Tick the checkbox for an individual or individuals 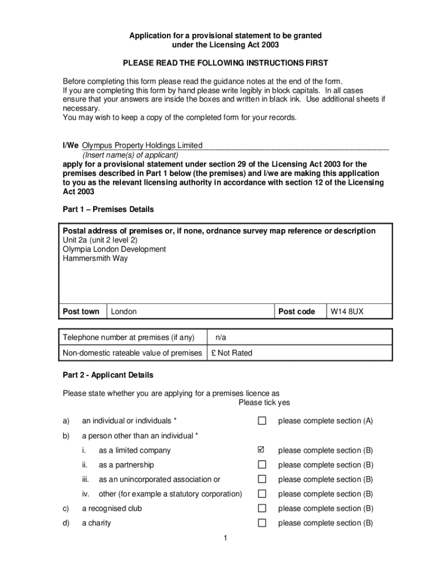click(262, 421)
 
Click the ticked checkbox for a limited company click(262, 450)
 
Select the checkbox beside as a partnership click(262, 465)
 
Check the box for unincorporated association click(262, 479)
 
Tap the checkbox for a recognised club click(262, 508)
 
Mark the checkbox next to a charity click(262, 523)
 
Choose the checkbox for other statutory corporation click(262, 494)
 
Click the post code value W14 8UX click(347, 312)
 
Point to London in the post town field click(124, 312)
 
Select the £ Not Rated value click(231, 353)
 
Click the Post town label click(81, 312)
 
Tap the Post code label click(296, 312)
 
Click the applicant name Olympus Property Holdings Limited click(142, 145)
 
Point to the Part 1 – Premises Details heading click(108, 210)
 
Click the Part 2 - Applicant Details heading click(108, 375)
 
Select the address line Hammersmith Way click(95, 258)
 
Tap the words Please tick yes click(264, 403)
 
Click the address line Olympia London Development click(114, 249)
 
